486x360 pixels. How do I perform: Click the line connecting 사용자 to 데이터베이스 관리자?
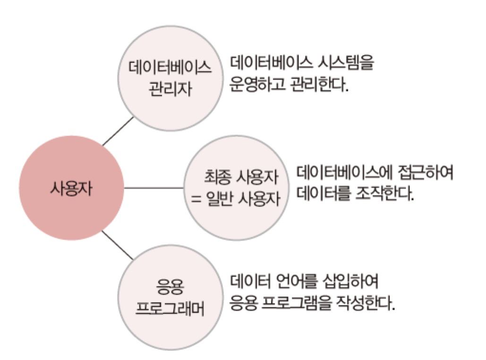click(118, 131)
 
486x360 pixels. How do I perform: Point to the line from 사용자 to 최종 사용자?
click(153, 188)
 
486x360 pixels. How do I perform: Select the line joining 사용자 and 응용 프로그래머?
click(118, 245)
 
